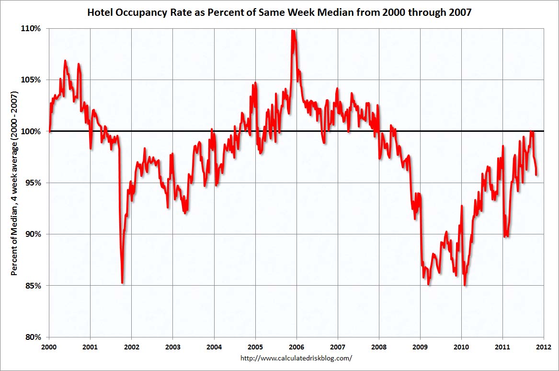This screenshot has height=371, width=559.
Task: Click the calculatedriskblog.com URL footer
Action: (x=296, y=358)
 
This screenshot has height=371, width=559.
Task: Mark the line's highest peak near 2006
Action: (x=293, y=31)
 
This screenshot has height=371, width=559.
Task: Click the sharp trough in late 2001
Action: (x=123, y=283)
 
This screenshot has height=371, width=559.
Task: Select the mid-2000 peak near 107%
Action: (x=65, y=61)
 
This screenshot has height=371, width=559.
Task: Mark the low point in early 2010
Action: (x=465, y=285)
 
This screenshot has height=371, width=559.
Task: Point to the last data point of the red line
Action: (x=536, y=174)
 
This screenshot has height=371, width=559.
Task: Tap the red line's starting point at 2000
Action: (x=50, y=131)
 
